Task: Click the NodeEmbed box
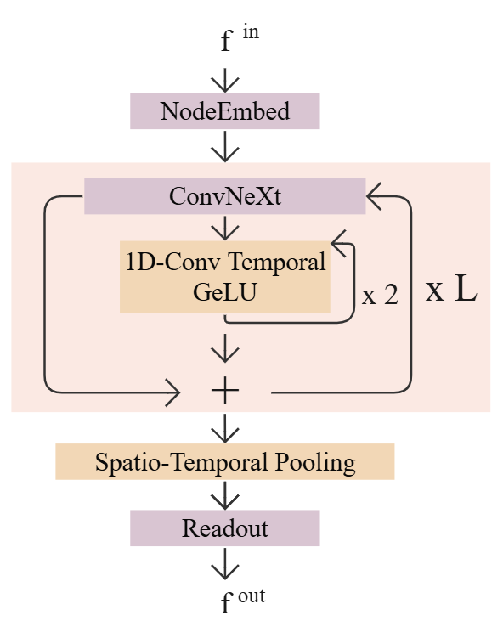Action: click(224, 111)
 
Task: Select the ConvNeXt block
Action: click(224, 196)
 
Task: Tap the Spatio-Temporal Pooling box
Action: click(224, 462)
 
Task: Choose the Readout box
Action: click(224, 528)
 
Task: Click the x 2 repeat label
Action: click(380, 296)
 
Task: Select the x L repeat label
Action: click(450, 291)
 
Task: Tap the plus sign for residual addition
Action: click(224, 392)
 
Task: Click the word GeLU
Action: click(224, 291)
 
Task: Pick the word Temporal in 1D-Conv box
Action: click(286, 263)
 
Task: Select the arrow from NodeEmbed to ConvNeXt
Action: click(224, 146)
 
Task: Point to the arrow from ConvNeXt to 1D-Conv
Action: click(224, 227)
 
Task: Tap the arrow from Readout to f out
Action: click(224, 564)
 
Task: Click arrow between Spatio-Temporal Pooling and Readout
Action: click(224, 495)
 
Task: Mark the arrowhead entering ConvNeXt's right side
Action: click(375, 198)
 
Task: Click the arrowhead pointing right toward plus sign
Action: click(174, 392)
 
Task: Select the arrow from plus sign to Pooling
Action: click(224, 426)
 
